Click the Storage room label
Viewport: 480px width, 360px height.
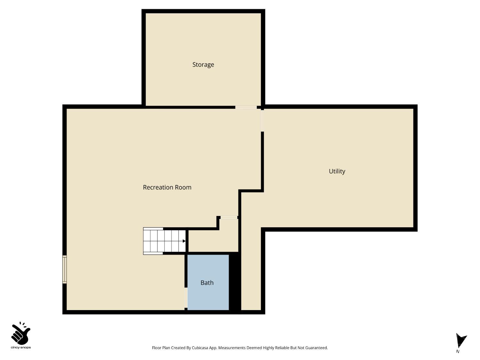(203, 65)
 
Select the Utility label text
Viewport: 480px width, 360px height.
(337, 172)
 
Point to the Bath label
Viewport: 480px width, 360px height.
(207, 283)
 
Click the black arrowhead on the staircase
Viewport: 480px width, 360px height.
(184, 241)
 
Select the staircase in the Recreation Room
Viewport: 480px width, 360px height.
(164, 241)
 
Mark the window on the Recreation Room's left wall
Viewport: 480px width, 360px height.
(65, 269)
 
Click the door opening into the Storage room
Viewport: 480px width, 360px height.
(246, 107)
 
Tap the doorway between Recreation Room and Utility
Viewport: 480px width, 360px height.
(262, 120)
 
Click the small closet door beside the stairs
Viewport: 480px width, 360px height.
(229, 218)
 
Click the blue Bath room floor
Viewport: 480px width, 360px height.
(208, 298)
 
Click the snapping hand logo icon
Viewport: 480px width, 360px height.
(20, 333)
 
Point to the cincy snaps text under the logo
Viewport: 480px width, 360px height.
(21, 348)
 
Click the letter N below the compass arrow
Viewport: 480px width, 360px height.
(458, 351)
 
